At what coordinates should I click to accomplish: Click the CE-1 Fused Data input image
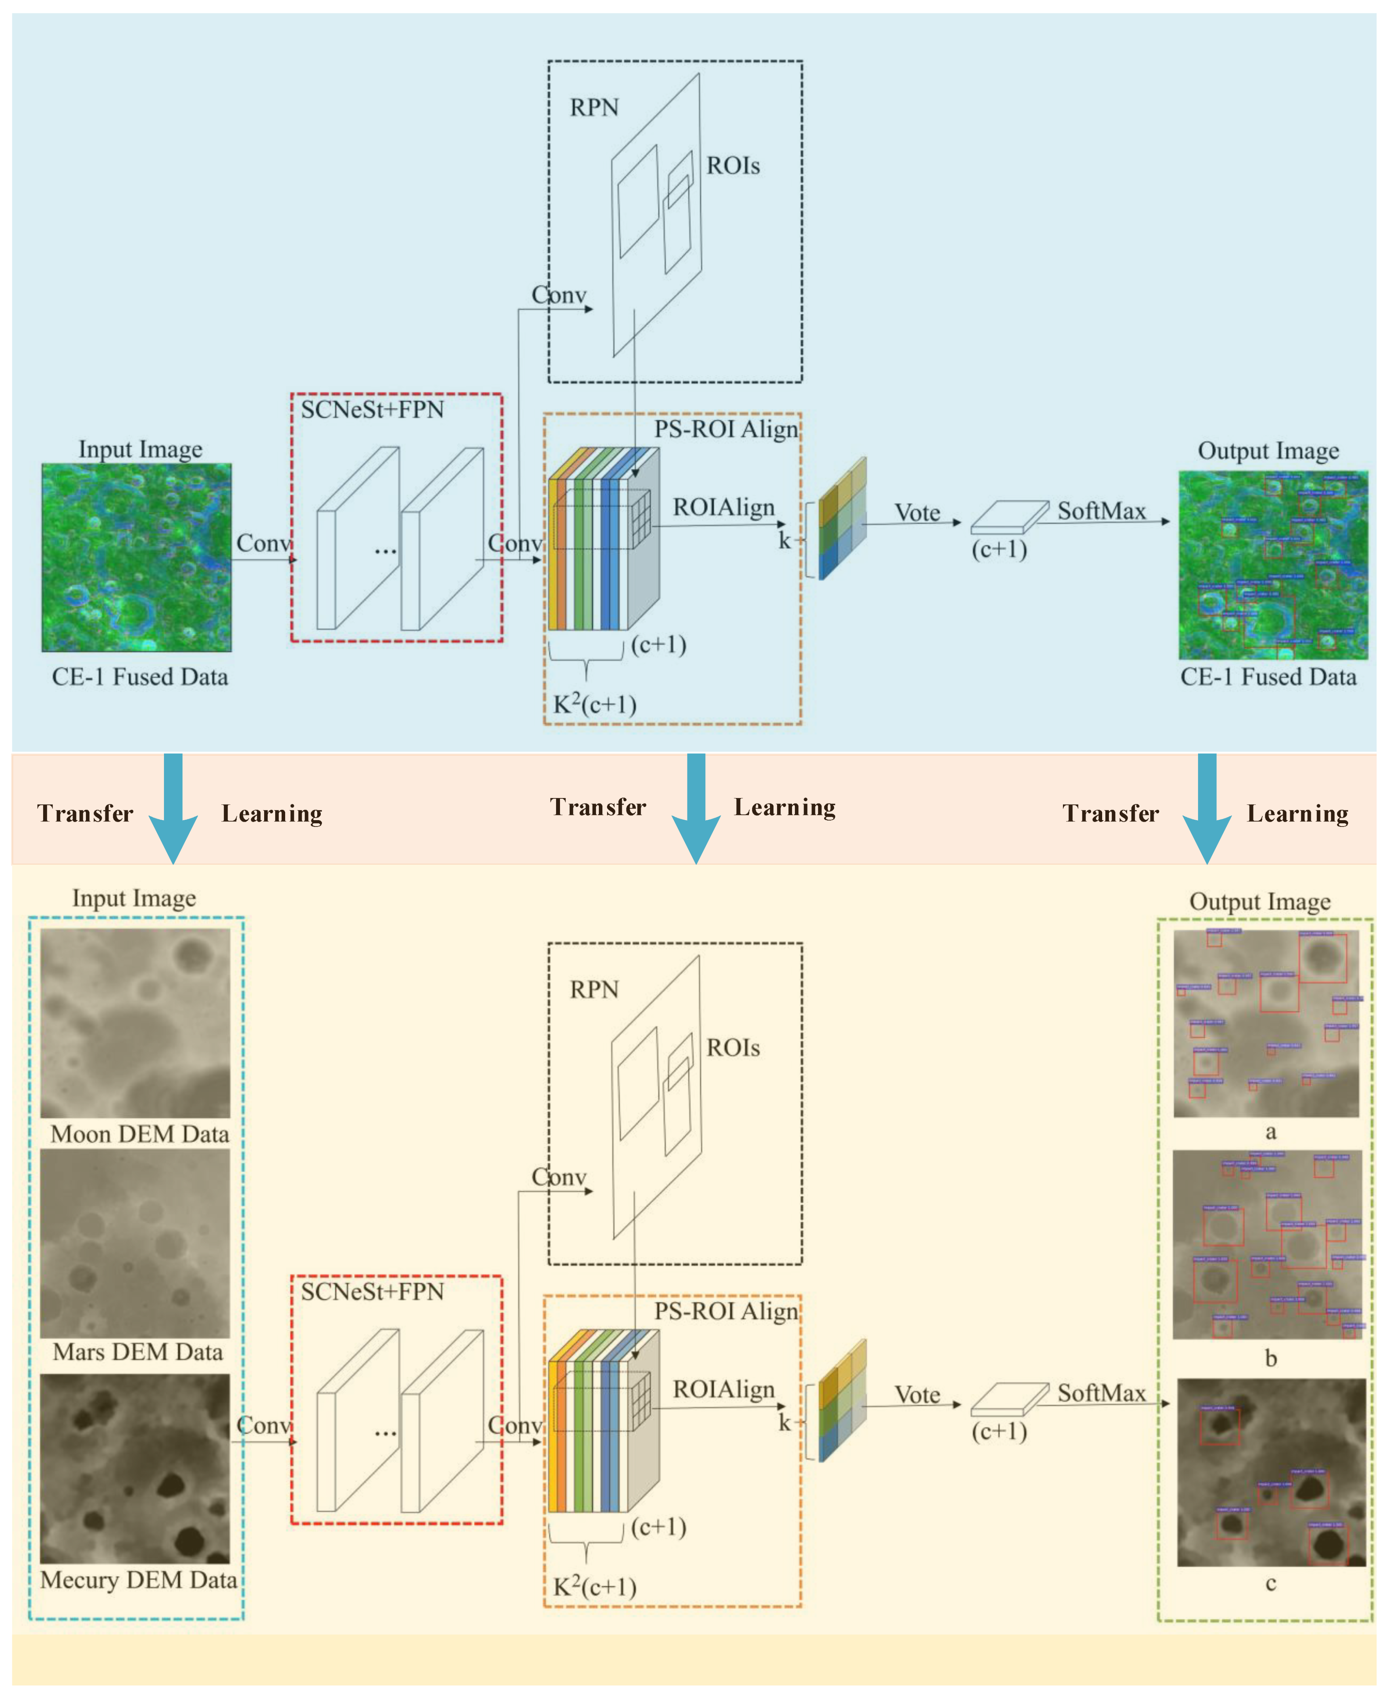[137, 557]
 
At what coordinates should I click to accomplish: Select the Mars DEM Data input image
[135, 1244]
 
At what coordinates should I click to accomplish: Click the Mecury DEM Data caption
[139, 1580]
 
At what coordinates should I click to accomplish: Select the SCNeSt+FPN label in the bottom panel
[372, 1292]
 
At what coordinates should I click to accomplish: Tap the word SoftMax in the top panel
[1101, 511]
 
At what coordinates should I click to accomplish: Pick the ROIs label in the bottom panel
[733, 1048]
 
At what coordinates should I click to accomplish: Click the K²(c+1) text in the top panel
[594, 705]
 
